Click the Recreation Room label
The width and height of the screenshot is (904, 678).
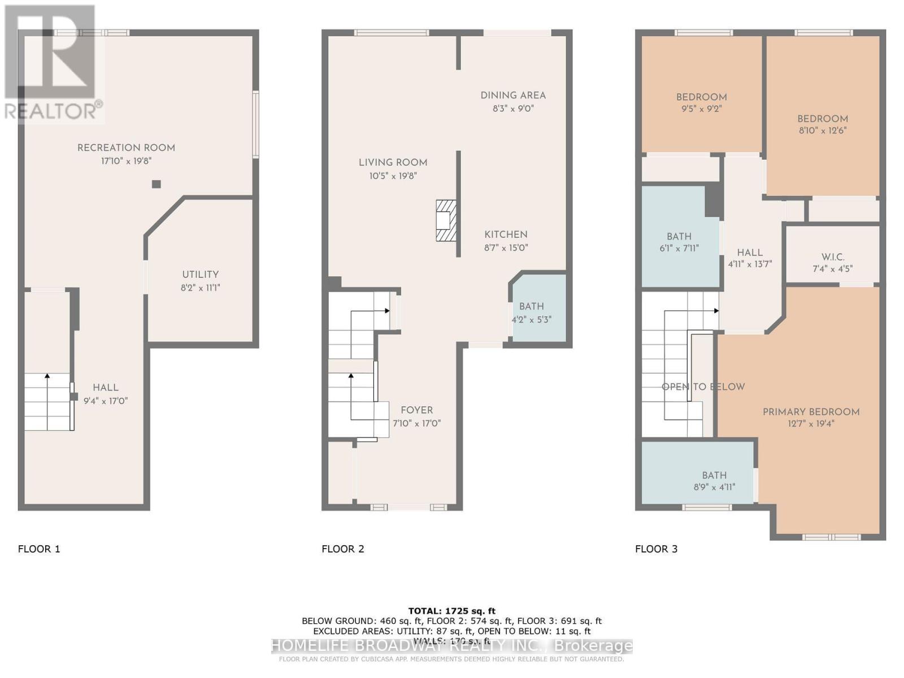coord(126,148)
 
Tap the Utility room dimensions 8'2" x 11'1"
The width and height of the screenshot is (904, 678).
coord(201,288)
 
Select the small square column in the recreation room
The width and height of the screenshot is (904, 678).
coord(157,184)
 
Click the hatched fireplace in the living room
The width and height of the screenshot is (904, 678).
coord(446,220)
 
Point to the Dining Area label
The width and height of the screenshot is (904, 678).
coord(513,95)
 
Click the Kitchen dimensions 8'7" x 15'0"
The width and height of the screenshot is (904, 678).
coord(506,247)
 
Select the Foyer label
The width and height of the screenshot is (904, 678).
coord(416,410)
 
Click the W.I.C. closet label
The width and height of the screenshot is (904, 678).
coord(833,257)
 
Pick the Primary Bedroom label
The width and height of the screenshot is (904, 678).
coord(811,412)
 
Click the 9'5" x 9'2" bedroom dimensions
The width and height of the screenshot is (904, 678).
coord(702,108)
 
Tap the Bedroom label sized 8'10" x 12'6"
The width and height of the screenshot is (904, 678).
coord(822,119)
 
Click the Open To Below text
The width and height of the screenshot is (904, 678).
coord(703,387)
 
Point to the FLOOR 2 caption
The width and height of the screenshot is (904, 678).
coord(343,549)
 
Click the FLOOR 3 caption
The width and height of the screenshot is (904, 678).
coord(656,549)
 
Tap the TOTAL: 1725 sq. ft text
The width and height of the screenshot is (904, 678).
coord(451,611)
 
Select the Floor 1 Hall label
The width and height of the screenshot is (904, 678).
coord(106,388)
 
